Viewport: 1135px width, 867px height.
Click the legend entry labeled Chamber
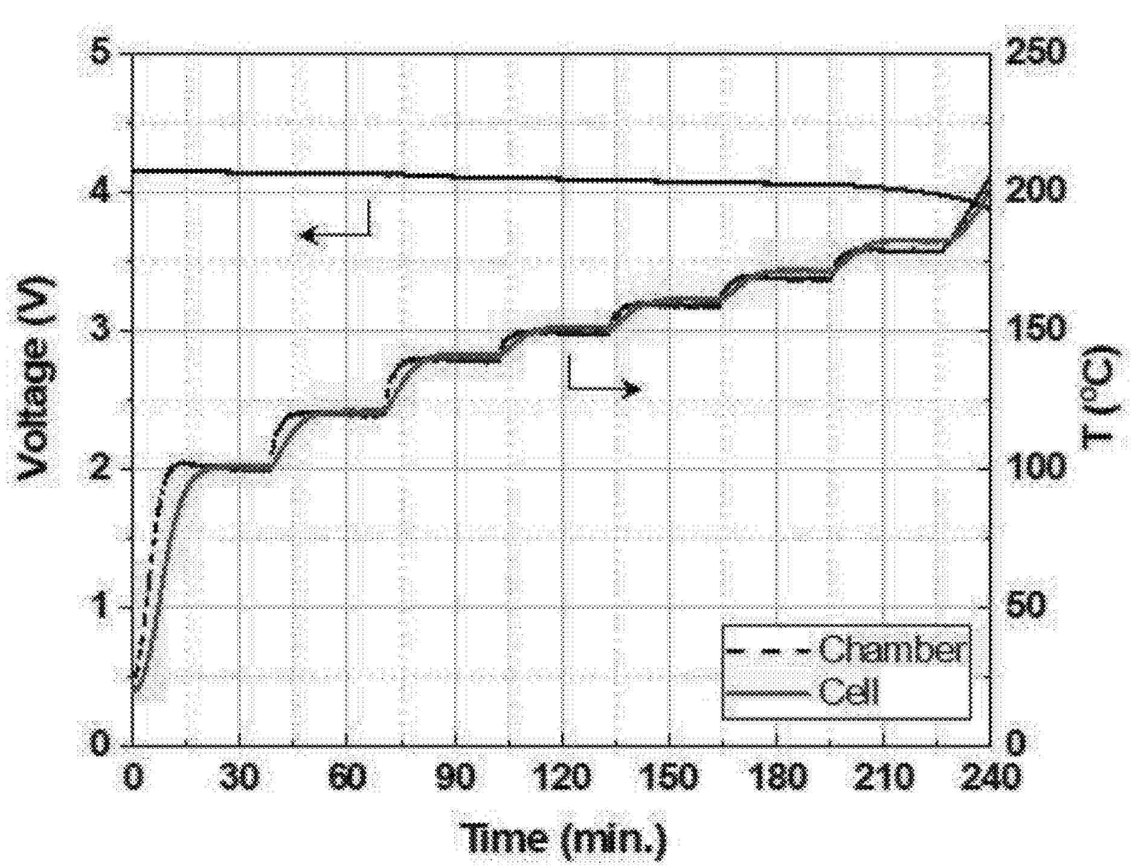[x=890, y=649]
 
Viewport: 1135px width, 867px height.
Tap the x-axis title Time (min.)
[x=565, y=838]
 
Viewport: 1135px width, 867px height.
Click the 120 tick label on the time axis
[x=562, y=776]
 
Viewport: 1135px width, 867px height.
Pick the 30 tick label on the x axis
[x=239, y=776]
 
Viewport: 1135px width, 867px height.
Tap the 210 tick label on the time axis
[x=884, y=776]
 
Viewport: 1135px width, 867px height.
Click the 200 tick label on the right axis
[x=1034, y=191]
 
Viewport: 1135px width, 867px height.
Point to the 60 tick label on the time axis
[x=347, y=776]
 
